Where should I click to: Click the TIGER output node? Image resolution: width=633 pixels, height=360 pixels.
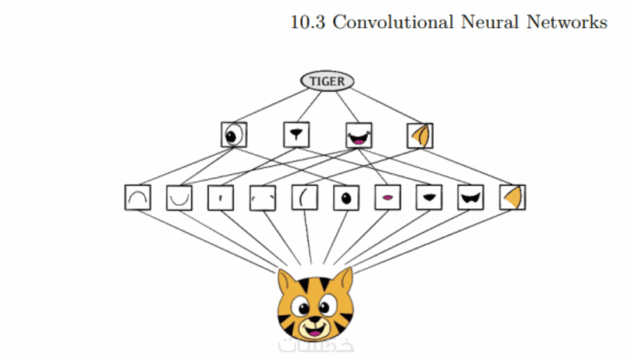[x=327, y=81]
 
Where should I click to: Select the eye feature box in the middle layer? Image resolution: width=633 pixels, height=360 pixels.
[x=232, y=135]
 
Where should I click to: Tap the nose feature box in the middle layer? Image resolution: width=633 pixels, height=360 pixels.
[x=296, y=135]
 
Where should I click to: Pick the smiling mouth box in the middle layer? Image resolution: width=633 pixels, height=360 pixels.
[x=358, y=135]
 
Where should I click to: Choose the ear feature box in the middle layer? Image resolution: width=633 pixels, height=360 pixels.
[x=420, y=135]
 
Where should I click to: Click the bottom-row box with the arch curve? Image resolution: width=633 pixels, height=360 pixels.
[x=137, y=197]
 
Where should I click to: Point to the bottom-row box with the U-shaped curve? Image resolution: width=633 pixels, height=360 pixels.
[x=180, y=197]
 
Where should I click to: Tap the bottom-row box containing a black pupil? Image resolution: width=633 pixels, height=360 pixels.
[x=346, y=197]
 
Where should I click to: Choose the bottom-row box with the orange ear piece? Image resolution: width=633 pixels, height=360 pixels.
[x=512, y=197]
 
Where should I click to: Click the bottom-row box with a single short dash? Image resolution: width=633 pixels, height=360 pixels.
[x=221, y=197]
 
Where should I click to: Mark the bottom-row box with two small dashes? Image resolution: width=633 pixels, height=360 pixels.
[x=263, y=197]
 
